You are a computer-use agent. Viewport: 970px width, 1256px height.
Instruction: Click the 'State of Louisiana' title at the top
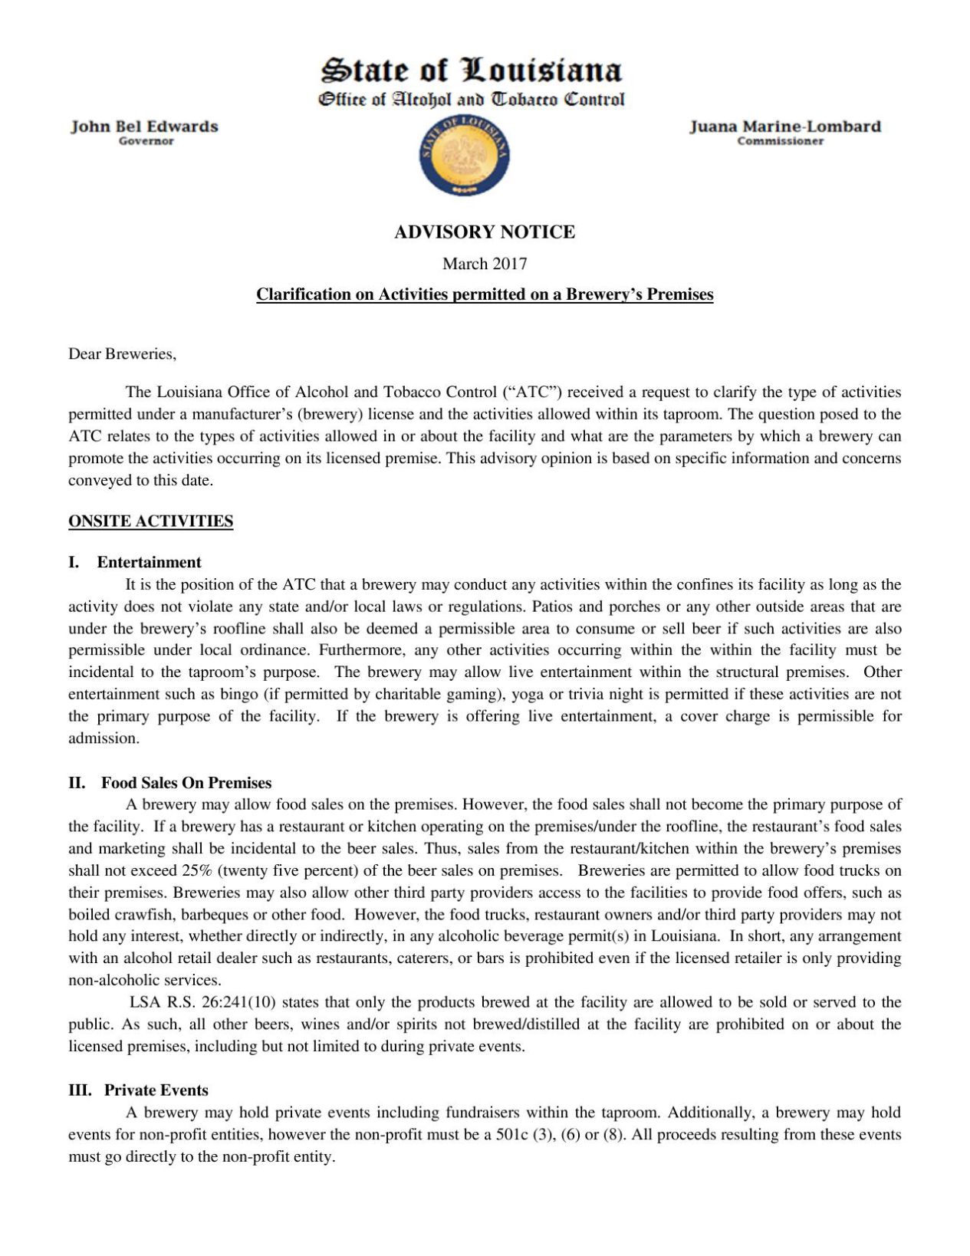(471, 71)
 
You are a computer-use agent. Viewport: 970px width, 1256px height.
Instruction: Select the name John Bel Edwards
(144, 127)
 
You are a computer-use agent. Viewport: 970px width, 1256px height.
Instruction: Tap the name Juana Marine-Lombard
(784, 127)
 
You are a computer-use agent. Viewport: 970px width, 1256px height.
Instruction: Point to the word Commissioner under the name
(780, 141)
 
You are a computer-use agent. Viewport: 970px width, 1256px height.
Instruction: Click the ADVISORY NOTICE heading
(484, 232)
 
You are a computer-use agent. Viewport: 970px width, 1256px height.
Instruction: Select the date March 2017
(484, 264)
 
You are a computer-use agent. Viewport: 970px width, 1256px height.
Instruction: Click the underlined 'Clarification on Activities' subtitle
(484, 294)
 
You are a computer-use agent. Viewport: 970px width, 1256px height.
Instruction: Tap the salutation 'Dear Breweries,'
(122, 353)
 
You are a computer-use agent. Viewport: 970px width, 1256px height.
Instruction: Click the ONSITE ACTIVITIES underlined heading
(150, 521)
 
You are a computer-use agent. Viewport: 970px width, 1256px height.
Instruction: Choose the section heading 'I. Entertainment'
(135, 562)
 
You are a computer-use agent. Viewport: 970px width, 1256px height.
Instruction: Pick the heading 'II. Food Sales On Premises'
(169, 783)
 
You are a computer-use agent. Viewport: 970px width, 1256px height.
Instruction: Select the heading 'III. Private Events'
(138, 1090)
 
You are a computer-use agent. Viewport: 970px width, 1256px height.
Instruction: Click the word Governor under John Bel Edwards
(146, 141)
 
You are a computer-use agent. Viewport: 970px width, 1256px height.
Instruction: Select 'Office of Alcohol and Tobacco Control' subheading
(471, 100)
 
